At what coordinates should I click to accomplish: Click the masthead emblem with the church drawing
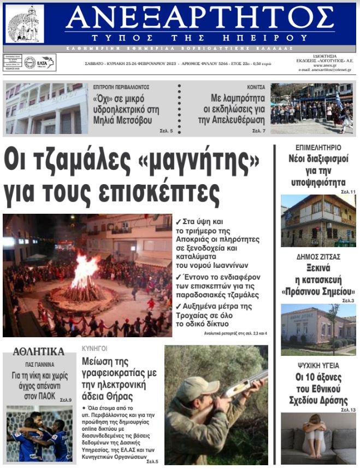pos(25,24)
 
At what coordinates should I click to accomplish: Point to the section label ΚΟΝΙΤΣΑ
pos(256,87)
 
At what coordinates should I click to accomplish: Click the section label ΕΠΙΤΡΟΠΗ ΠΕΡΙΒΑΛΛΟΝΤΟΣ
pos(121,87)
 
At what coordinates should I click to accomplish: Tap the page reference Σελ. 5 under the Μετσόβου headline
pos(167,131)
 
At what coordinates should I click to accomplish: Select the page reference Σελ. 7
pos(259,131)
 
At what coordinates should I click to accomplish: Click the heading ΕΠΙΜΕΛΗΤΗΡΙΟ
pos(318,148)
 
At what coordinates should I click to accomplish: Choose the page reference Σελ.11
pos(348,192)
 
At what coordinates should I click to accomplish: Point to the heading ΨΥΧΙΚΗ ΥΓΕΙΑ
pos(318,365)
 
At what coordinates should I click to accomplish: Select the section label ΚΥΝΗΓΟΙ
pos(95,348)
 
